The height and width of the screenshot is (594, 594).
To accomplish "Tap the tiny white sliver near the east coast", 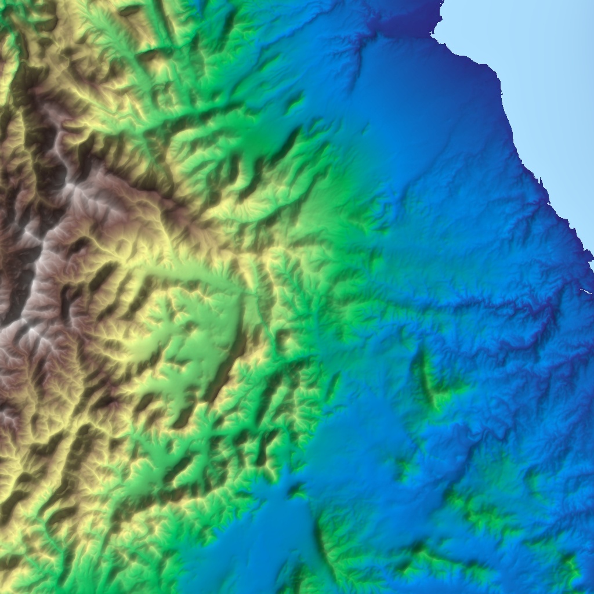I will coord(585,291).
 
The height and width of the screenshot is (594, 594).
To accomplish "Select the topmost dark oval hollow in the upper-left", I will coord(131,10).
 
